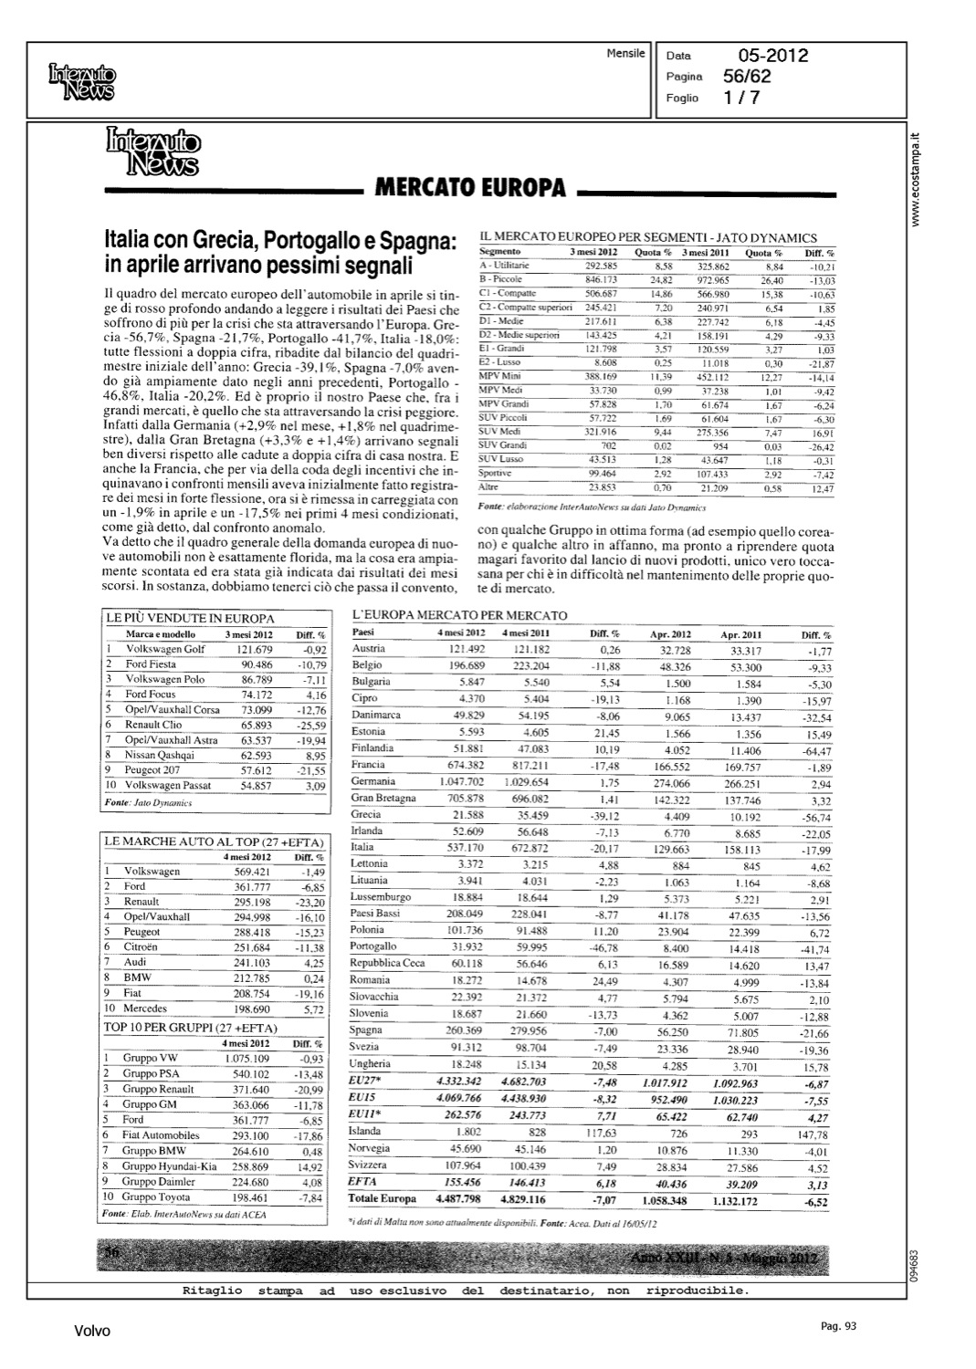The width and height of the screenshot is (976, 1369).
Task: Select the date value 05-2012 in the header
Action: click(764, 56)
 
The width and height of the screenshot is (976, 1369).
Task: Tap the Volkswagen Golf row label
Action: click(165, 649)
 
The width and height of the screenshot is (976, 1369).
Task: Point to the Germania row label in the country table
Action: click(373, 781)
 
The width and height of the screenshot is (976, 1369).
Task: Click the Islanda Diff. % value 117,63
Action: click(604, 1132)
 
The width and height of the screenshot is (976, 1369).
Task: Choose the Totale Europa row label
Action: click(382, 1198)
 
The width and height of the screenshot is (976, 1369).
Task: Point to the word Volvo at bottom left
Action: click(92, 1332)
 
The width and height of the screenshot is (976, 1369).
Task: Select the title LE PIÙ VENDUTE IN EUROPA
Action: click(177, 618)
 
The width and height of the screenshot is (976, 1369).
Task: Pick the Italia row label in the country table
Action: click(362, 847)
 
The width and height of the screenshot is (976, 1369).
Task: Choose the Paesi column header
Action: click(362, 632)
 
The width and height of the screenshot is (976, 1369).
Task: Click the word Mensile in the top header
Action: click(625, 54)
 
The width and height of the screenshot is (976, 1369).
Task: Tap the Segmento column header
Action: click(499, 251)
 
